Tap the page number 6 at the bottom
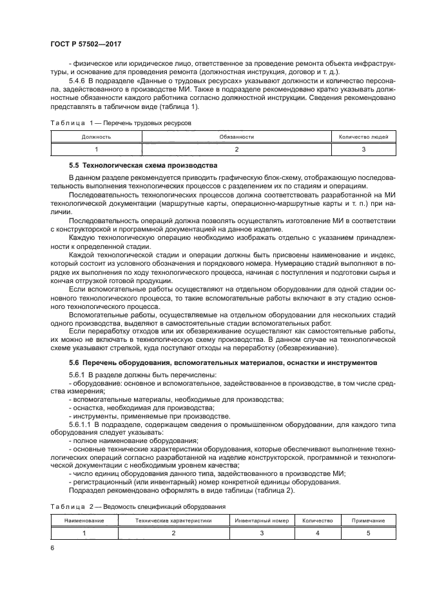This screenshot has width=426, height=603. [53, 548]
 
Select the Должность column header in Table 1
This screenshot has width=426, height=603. [97, 137]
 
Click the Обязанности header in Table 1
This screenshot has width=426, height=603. [237, 137]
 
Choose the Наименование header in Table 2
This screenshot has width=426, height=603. [82, 520]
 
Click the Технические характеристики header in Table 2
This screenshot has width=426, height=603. [173, 520]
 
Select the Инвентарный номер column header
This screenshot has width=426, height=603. [261, 520]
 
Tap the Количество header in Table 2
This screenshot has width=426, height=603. [317, 520]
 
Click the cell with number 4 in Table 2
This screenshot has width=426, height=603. [317, 532]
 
